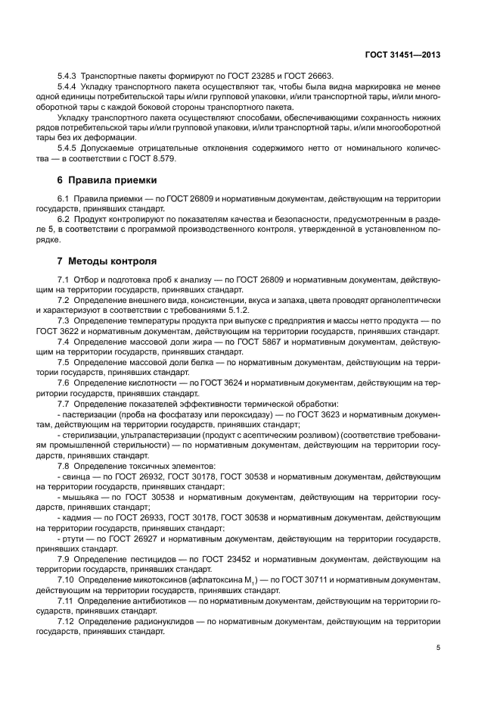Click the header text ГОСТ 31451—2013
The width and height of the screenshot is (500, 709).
coord(402,55)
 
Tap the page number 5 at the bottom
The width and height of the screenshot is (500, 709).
coord(438,648)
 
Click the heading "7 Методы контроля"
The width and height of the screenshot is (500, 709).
coord(107,261)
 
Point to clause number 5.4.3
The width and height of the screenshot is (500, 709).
coord(69,77)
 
